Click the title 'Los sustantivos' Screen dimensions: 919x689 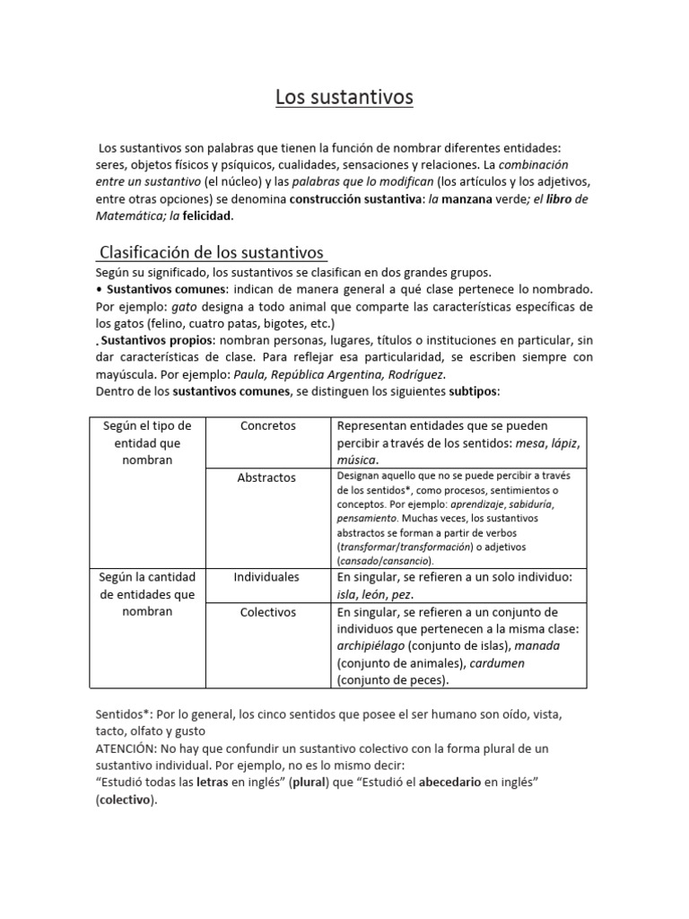tap(344, 96)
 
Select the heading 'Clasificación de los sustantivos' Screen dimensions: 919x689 tap(211, 253)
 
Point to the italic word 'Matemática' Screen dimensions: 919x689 tap(126, 216)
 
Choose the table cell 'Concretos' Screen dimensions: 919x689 tap(267, 425)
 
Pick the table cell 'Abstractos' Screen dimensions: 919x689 tap(266, 477)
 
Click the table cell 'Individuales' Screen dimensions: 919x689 tap(266, 576)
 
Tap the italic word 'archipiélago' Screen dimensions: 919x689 tap(371, 646)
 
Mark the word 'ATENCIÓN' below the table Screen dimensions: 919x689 tap(126, 747)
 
